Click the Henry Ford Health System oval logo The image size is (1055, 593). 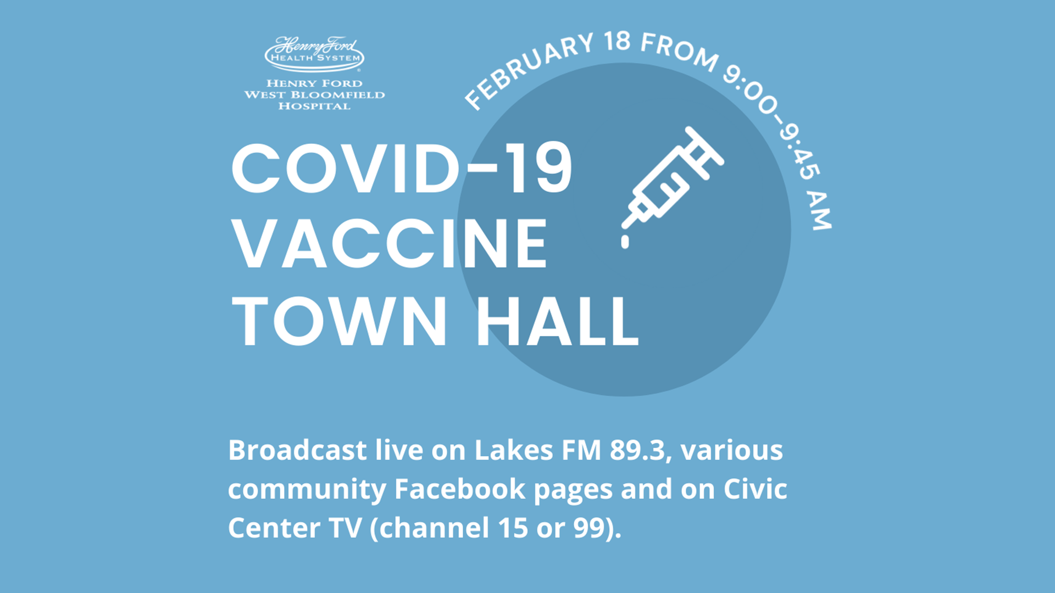pos(314,54)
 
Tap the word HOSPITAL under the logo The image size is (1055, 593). pos(314,106)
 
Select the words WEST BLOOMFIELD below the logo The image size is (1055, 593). pos(314,94)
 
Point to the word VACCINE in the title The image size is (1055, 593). pos(390,243)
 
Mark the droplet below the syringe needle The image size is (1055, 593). pos(625,242)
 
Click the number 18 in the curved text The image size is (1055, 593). pos(617,42)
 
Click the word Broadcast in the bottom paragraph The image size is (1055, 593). pos(297,450)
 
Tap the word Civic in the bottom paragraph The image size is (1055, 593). pos(756,489)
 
